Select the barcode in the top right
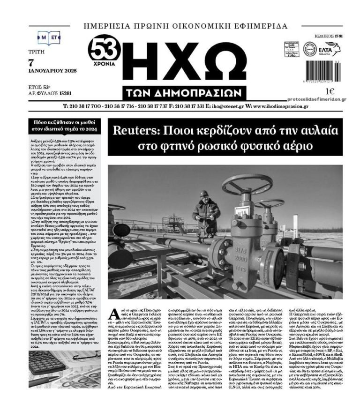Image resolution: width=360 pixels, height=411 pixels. click(323, 74)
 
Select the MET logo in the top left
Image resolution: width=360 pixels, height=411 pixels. click(49, 37)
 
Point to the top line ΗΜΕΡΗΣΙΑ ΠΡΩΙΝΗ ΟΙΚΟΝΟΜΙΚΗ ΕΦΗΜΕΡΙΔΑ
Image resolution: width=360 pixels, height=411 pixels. click(186, 26)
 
